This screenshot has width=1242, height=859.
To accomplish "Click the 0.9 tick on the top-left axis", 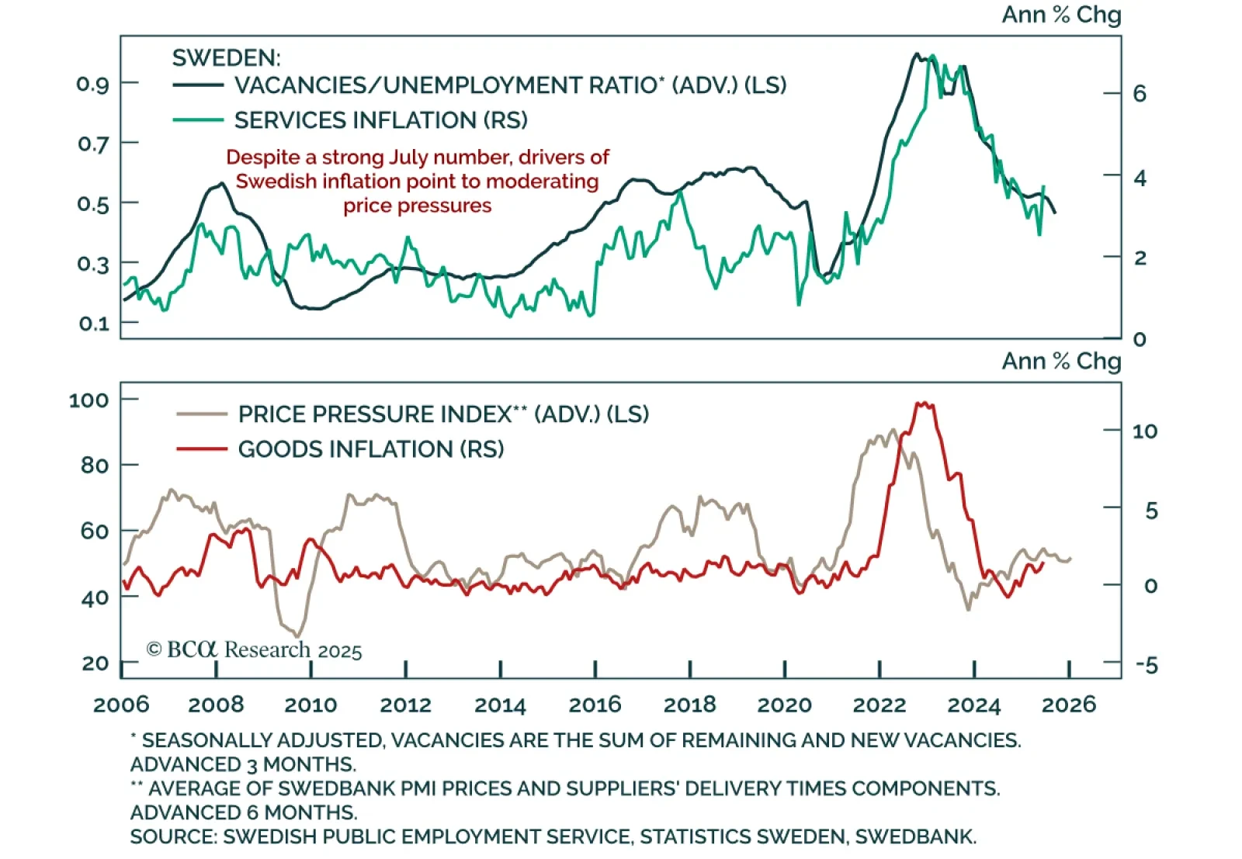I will [x=92, y=84].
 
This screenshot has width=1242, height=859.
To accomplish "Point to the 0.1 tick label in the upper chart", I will [x=92, y=323].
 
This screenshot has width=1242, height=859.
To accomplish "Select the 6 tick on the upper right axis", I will [x=1140, y=94].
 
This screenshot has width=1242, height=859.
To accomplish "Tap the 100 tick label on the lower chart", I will [x=88, y=400].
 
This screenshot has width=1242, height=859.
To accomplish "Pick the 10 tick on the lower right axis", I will [x=1144, y=431].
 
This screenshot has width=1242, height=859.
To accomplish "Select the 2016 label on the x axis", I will [x=595, y=705].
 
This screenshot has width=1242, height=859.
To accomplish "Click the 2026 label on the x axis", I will [x=1068, y=705].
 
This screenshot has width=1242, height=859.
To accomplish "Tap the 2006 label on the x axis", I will [x=121, y=705].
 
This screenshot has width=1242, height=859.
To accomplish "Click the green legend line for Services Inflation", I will [x=197, y=120].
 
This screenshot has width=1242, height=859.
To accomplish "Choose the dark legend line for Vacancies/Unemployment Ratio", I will [x=197, y=85].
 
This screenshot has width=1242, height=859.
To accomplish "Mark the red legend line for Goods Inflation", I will [x=201, y=449].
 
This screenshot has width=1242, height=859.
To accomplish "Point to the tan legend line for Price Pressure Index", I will [x=201, y=414].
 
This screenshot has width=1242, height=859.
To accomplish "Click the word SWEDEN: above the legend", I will [x=226, y=58].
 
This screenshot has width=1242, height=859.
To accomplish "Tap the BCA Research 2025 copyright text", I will [x=255, y=649].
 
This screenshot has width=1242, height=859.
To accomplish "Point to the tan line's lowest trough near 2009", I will [x=297, y=636].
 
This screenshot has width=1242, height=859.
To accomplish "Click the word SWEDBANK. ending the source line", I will [x=915, y=836].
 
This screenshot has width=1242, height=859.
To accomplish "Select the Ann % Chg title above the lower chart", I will [x=1061, y=362].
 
